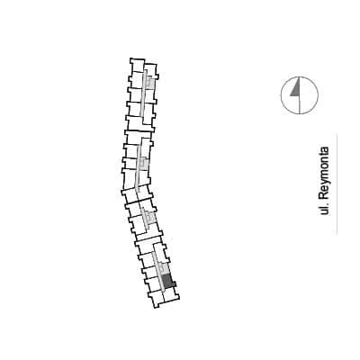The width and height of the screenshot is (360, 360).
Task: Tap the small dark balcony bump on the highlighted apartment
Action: click(174, 284)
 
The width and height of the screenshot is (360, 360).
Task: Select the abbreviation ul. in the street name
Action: click(325, 210)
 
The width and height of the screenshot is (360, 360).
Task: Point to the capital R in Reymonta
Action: click(324, 195)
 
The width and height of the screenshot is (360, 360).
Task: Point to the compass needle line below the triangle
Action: click(300, 105)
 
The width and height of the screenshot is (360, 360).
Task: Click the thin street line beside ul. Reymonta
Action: click(337, 184)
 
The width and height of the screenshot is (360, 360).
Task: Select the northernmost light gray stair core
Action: click(150, 83)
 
